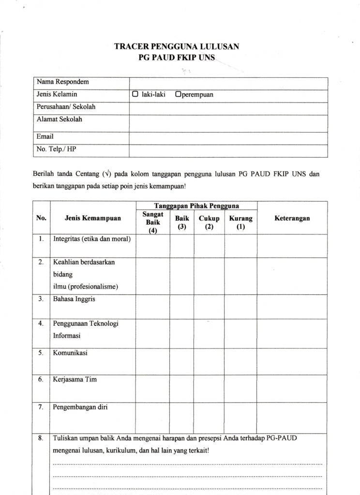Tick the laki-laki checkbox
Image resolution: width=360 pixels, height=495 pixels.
(135, 95)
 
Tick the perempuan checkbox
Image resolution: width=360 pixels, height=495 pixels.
(178, 95)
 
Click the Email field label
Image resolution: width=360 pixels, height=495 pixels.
(45, 137)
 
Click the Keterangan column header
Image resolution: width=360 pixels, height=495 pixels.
(292, 218)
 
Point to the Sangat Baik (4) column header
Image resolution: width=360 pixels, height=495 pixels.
(152, 222)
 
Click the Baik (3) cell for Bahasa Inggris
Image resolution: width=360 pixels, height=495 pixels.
(181, 305)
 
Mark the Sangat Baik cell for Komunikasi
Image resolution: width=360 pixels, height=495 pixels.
(152, 361)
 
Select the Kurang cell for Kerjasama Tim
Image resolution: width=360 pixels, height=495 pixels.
(240, 387)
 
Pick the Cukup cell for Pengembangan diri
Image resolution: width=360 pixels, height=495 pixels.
(209, 415)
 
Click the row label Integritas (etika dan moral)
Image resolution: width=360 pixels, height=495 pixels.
(92, 239)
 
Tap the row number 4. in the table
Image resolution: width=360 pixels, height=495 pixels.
(41, 323)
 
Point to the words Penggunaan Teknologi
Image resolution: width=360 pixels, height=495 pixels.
(86, 323)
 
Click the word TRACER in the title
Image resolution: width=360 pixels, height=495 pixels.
(131, 47)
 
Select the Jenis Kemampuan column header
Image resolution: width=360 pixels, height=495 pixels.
(92, 218)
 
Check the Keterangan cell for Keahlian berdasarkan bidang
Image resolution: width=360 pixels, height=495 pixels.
(292, 275)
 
